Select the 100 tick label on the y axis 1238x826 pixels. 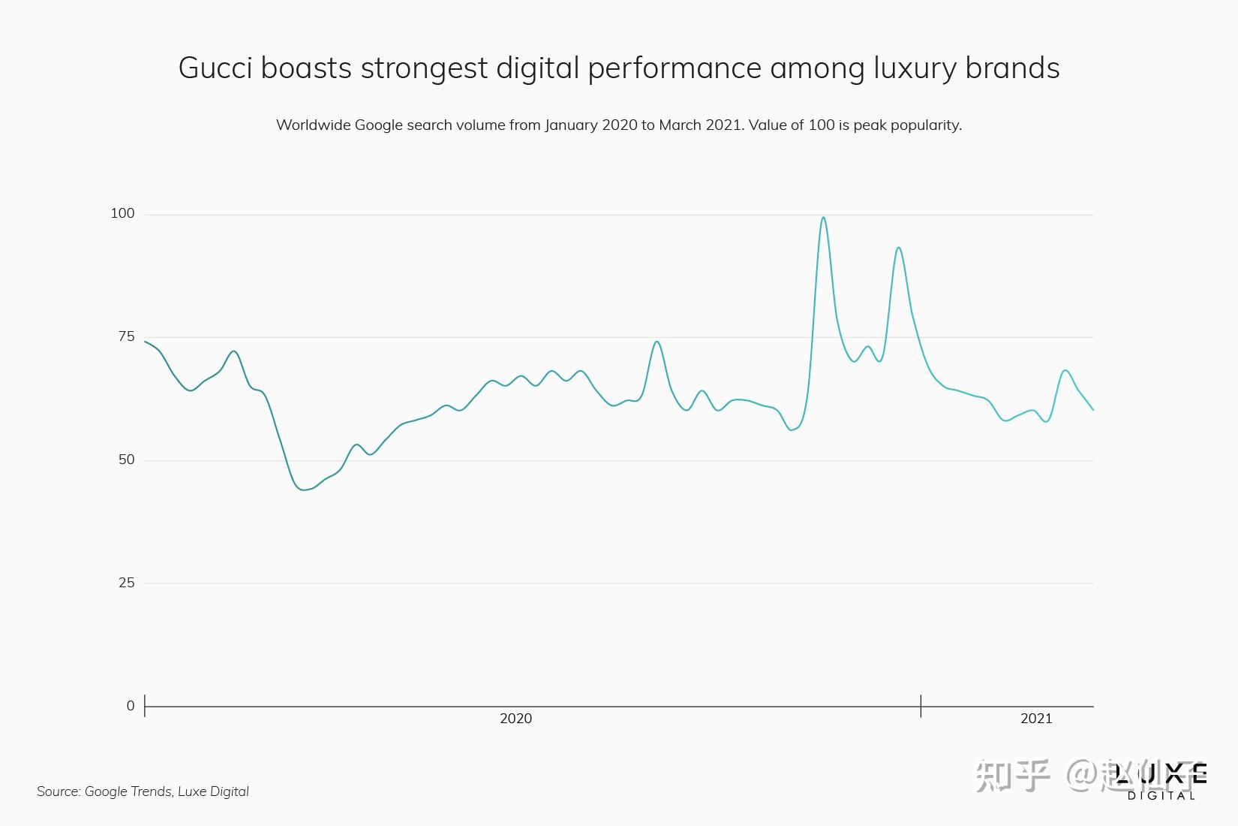(122, 214)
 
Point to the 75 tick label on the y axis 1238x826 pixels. (126, 337)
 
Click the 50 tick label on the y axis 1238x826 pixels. (126, 460)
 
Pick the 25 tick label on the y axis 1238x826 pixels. (126, 583)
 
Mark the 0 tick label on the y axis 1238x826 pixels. (131, 707)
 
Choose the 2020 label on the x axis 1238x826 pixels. (515, 719)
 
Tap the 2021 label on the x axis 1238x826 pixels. (1036, 719)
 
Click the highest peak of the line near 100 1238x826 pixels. (823, 218)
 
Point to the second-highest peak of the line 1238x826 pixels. (898, 248)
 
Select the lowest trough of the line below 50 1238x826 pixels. (304, 490)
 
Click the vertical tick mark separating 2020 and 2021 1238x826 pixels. (921, 706)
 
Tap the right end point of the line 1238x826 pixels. (1093, 410)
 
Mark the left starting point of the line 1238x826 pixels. (145, 342)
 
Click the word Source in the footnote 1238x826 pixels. (58, 791)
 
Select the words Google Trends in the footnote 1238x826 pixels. (128, 791)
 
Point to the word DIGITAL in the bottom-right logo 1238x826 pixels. (1161, 796)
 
